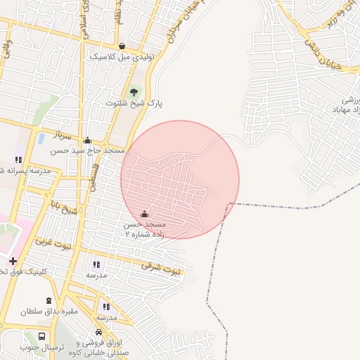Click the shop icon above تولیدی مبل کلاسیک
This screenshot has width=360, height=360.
pos(122,45)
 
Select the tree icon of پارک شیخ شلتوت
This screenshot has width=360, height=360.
pos(134,91)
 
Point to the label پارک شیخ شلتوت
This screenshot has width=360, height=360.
pos(134,103)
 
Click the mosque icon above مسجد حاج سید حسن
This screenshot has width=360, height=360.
pos(87,140)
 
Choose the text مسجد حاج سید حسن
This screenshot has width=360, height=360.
pos(87,150)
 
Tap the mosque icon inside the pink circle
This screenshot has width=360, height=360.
pos(145,214)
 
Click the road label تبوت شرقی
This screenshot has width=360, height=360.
pos(161,267)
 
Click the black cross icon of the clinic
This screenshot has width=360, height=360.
pos(13,261)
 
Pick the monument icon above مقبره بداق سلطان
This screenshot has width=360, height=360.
pos(49,300)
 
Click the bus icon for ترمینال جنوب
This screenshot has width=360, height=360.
pos(42,337)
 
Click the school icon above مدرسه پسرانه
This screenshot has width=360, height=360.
pos(18,160)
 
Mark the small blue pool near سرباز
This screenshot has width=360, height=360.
pos(41,139)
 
